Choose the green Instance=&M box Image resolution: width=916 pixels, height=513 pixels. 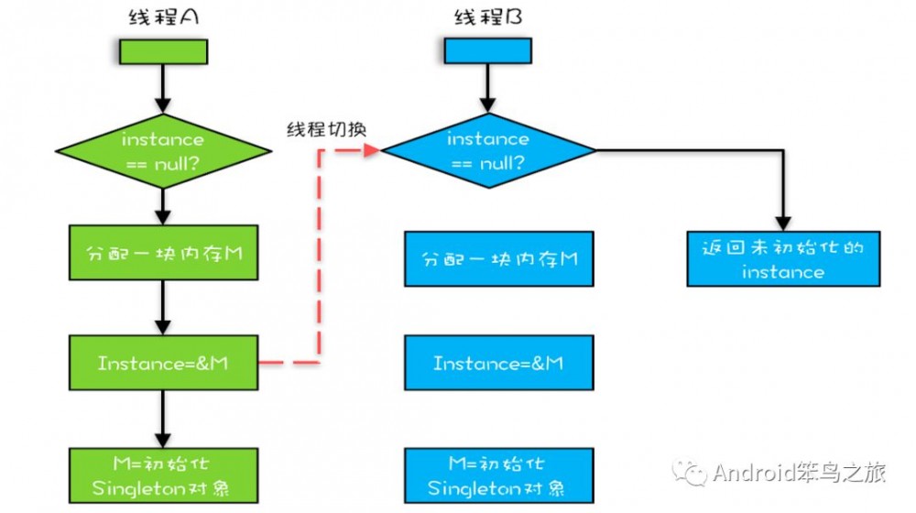tap(162, 363)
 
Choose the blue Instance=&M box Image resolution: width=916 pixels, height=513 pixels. tap(498, 364)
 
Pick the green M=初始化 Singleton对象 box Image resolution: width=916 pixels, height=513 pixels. tap(162, 474)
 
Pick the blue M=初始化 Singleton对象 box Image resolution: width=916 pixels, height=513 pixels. tap(498, 474)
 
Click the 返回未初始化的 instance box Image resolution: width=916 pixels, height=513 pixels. tap(783, 259)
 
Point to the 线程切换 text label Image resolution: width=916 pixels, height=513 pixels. tap(324, 128)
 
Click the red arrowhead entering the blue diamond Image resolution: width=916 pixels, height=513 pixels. tap(372, 150)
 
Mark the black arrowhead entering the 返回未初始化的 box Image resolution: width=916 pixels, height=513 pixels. tap(783, 223)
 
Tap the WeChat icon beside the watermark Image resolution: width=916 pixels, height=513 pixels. tap(689, 473)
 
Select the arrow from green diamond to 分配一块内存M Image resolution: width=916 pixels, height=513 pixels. tap(162, 206)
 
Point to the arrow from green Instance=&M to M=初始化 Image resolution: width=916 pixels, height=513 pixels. tap(162, 418)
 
